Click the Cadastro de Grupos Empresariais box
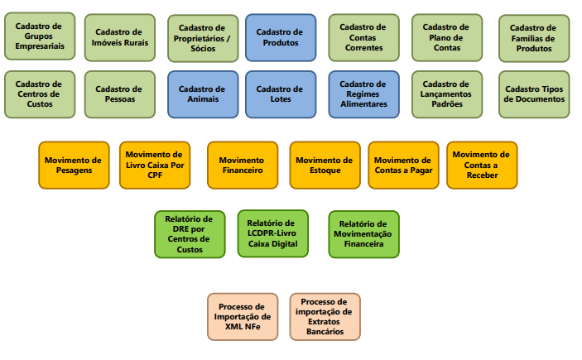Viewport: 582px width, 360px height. (x=39, y=36)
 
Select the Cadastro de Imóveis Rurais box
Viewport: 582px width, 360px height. (x=121, y=37)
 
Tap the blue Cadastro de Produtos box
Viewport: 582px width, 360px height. (x=280, y=37)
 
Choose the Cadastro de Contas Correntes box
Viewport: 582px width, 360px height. (x=363, y=37)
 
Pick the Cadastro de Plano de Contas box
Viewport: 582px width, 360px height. (x=447, y=37)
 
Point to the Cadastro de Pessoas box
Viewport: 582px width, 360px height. (x=121, y=94)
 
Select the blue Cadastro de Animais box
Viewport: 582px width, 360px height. (x=202, y=94)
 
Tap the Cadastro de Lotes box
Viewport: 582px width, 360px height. (x=280, y=94)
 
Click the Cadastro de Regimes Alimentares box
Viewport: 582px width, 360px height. (x=363, y=94)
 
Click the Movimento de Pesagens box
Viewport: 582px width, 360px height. (x=73, y=165)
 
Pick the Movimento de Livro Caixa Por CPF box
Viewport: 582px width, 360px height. (x=155, y=165)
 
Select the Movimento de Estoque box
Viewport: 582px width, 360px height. (x=325, y=165)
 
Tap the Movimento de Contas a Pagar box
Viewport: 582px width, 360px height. (x=403, y=165)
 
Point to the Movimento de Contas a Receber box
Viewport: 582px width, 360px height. (x=482, y=165)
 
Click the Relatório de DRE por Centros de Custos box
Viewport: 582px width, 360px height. (x=189, y=233)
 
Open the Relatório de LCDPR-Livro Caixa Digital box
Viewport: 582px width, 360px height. (x=272, y=233)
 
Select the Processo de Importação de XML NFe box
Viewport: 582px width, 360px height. (x=242, y=316)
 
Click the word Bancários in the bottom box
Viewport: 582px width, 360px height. (x=325, y=331)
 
